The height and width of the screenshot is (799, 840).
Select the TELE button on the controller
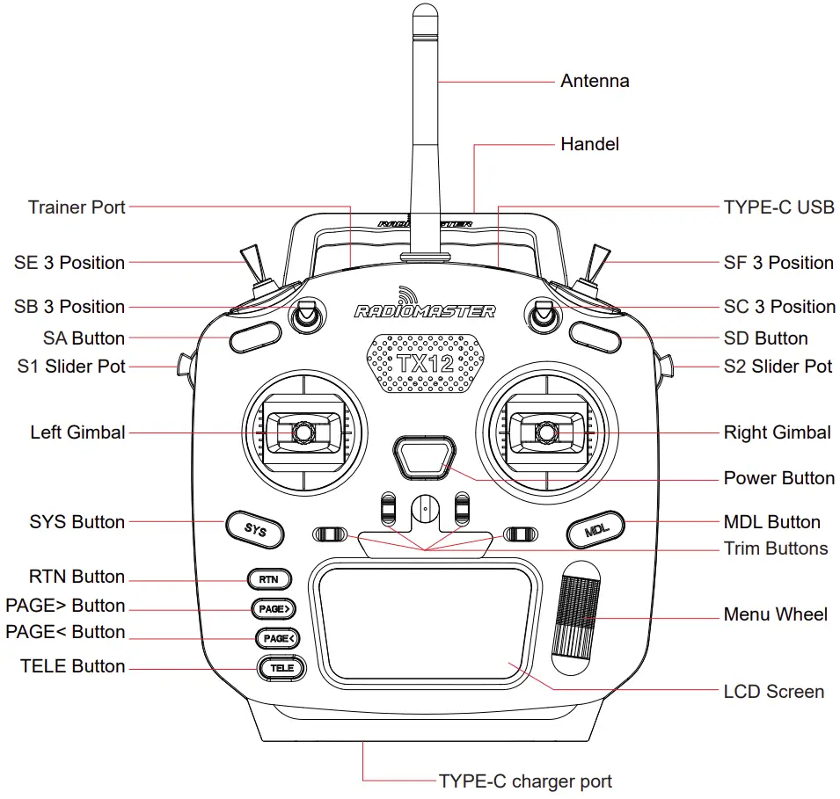pyautogui.click(x=281, y=668)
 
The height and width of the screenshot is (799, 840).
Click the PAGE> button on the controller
pyautogui.click(x=273, y=608)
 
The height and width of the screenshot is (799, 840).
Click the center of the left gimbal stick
pyautogui.click(x=303, y=432)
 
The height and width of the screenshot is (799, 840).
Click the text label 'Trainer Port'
pyautogui.click(x=77, y=207)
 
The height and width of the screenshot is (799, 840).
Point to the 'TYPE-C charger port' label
pyautogui.click(x=525, y=781)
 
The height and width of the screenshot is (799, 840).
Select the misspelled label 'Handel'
pyautogui.click(x=589, y=144)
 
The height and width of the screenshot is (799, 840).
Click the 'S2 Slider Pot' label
pyautogui.click(x=778, y=367)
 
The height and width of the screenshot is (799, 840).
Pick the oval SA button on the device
pyautogui.click(x=251, y=338)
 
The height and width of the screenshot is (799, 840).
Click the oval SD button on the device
pyautogui.click(x=595, y=335)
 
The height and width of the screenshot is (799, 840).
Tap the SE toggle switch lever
pyautogui.click(x=252, y=264)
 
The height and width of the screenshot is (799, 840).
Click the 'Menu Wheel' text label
pyautogui.click(x=775, y=614)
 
